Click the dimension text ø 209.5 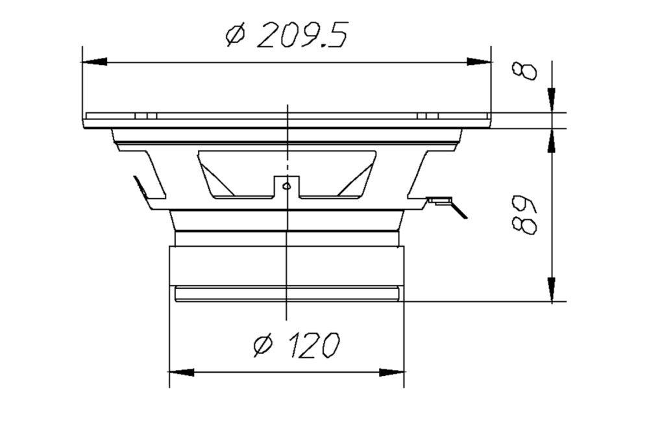[x=286, y=36]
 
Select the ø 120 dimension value [x=296, y=345]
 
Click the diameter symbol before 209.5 [x=236, y=37]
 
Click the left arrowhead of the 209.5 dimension [x=93, y=62]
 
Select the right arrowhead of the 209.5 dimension [x=480, y=62]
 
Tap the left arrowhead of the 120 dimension [x=181, y=373]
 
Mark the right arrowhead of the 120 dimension [x=393, y=373]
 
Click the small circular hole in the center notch [x=286, y=187]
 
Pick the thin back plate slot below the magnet [x=286, y=294]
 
